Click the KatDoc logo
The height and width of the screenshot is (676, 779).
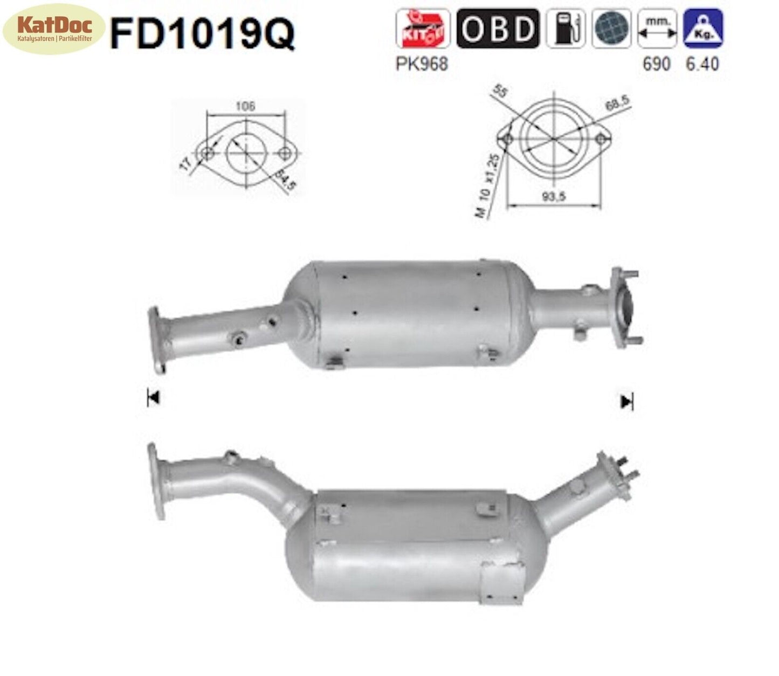[54, 29]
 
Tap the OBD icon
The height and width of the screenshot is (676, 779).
[497, 29]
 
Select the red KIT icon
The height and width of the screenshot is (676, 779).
[422, 29]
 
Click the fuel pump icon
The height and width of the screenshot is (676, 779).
[566, 29]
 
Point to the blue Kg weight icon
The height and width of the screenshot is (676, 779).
[702, 29]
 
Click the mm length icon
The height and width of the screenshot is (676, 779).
[657, 29]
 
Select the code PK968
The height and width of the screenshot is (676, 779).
[422, 64]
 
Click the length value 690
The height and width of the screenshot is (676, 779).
[656, 64]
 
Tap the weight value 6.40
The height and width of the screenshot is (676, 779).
[702, 64]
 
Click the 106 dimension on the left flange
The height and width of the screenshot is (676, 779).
[245, 106]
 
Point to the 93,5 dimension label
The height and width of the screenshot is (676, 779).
[554, 197]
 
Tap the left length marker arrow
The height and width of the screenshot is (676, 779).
[153, 398]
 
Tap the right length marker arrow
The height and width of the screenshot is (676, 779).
[626, 402]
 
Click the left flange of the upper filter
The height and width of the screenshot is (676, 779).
[157, 340]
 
